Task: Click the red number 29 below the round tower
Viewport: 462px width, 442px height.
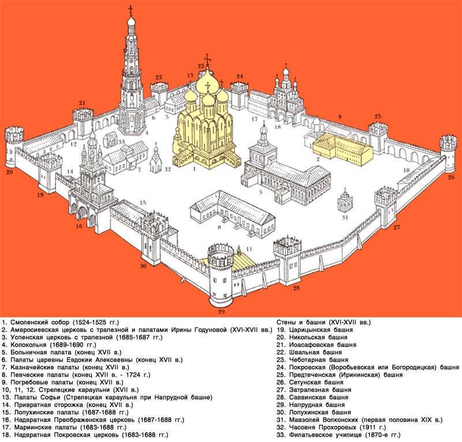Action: coord(221,312)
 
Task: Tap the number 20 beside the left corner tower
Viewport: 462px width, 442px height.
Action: coord(10,172)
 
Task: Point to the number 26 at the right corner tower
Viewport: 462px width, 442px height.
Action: coord(451,177)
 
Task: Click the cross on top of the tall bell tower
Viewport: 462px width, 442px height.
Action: coord(131,10)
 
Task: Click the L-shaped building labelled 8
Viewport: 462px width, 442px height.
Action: coord(232,212)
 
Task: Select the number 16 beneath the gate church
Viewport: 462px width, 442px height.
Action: coord(79,226)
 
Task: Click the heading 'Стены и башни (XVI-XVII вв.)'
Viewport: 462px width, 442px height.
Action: coord(323,322)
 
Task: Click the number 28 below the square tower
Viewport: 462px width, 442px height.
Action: coord(296,288)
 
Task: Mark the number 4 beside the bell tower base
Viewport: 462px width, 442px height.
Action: coord(147,133)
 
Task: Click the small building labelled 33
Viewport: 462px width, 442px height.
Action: coord(111,140)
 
